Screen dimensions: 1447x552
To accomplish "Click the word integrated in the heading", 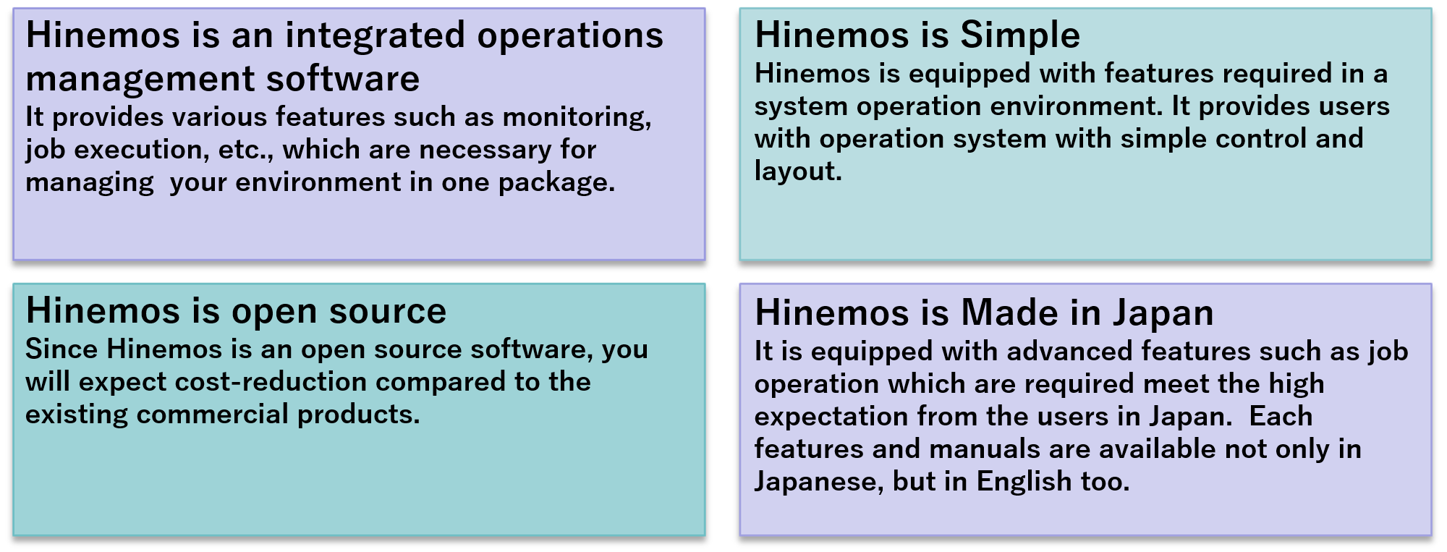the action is [375, 36].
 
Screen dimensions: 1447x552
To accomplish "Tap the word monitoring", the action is [577, 118].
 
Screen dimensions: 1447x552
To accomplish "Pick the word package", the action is [556, 183].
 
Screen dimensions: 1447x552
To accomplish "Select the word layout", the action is [798, 171].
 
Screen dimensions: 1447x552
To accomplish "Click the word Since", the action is [61, 349].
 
